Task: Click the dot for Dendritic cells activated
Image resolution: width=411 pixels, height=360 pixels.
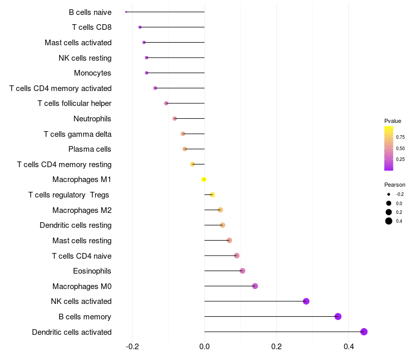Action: tap(364, 332)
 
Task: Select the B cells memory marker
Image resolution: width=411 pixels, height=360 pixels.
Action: tap(338, 316)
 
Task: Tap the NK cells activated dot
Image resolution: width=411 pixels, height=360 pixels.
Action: tap(306, 301)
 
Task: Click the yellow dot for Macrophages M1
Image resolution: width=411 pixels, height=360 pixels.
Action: tap(204, 179)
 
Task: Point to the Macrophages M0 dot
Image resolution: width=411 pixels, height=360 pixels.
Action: tap(255, 286)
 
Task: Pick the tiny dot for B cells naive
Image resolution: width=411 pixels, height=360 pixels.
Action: tap(126, 12)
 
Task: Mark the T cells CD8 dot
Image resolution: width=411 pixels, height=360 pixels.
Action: tap(140, 27)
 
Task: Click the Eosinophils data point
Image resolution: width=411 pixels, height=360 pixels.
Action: tap(242, 271)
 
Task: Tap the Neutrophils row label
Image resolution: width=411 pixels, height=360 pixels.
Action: tap(92, 119)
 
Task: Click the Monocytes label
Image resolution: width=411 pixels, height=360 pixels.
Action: tap(92, 73)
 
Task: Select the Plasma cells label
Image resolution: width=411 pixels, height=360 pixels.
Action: tap(90, 149)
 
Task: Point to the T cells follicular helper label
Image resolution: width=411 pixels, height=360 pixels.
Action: tap(74, 103)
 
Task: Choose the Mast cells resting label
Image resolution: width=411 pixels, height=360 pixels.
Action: tap(82, 241)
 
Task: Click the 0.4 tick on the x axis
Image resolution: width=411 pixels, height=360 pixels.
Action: tap(348, 346)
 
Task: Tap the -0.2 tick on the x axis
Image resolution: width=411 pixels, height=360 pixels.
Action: tap(132, 346)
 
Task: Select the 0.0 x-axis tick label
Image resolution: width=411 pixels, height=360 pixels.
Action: tap(204, 346)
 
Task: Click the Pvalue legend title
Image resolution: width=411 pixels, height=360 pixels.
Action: tap(393, 121)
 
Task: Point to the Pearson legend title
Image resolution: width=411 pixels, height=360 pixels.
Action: tap(395, 185)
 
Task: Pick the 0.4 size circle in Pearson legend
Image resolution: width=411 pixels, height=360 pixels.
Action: tap(389, 221)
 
